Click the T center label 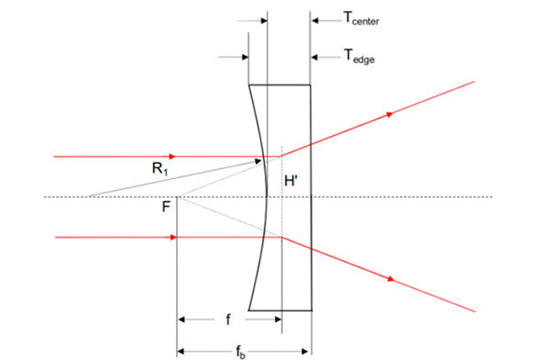pos(361,18)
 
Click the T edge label pos(359,56)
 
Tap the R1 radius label pos(160,169)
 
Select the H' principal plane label pos(291,181)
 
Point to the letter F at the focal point pos(166,207)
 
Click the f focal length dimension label pos(228,319)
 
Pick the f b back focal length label pos(240,352)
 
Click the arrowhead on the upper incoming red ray pos(172,157)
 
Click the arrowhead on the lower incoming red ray pos(173,238)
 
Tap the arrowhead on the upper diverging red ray pos(390,114)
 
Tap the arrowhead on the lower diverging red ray pos(391,279)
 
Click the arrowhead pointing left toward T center pos(315,21)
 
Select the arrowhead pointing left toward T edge pos(314,58)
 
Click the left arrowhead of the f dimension pos(182,319)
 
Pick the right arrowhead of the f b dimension pos(305,351)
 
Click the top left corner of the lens pos(249,85)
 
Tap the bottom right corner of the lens pos(312,310)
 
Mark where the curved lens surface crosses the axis pos(267,197)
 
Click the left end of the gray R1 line pos(89,196)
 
